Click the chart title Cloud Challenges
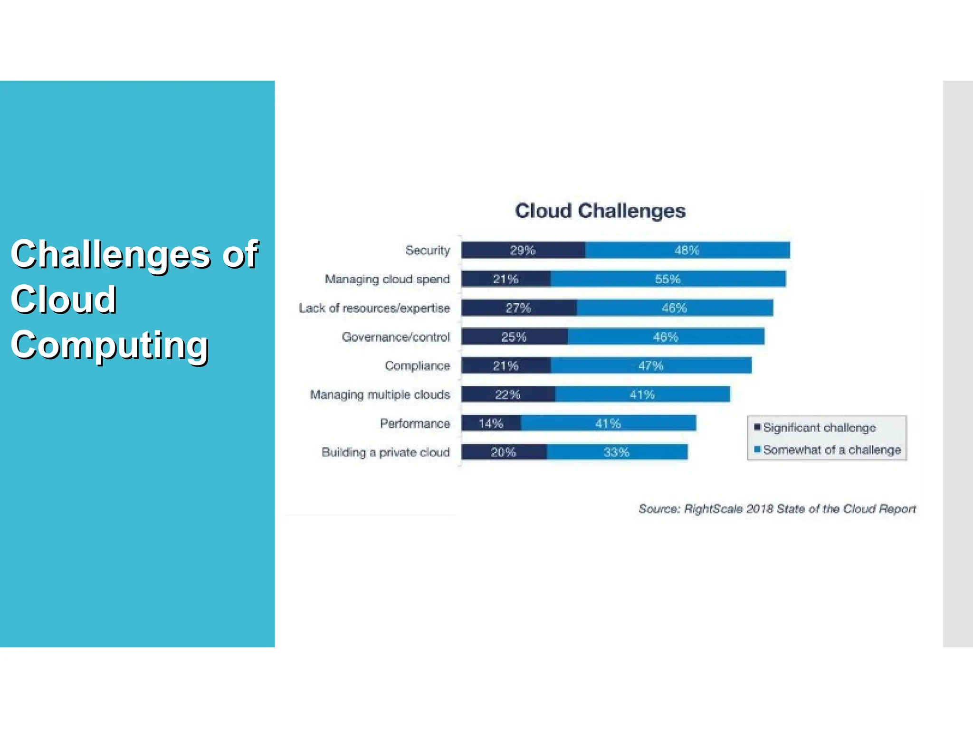point(600,211)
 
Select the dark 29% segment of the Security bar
point(523,250)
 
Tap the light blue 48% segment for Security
point(687,250)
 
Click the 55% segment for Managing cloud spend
point(668,279)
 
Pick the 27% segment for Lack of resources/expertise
point(519,308)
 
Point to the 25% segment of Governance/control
point(515,337)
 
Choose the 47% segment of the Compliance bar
point(651,365)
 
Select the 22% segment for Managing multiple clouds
point(508,394)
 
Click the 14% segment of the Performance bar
point(491,423)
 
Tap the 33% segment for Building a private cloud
point(617,452)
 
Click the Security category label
point(428,250)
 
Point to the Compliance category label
point(417,366)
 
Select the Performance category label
point(415,423)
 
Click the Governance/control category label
point(396,337)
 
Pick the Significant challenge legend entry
point(819,428)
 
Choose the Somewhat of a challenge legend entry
point(831,450)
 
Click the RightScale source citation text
point(777,509)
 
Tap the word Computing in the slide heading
point(110,345)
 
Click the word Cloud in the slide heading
point(64,299)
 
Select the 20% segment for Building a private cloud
point(504,452)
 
